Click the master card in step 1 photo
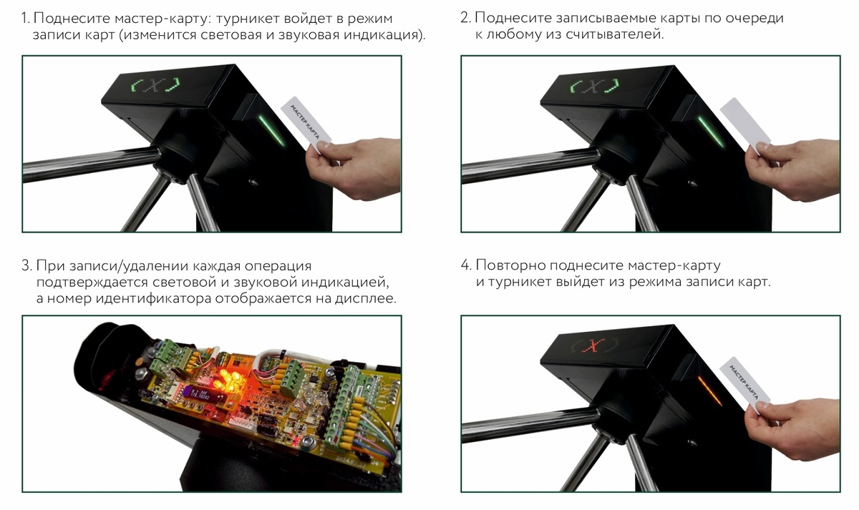306,124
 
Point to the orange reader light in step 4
710,391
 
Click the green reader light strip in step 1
272,130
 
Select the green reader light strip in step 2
711,132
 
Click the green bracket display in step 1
156,84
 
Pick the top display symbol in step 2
594,86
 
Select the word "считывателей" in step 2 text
614,34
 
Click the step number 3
26,265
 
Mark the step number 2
465,18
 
